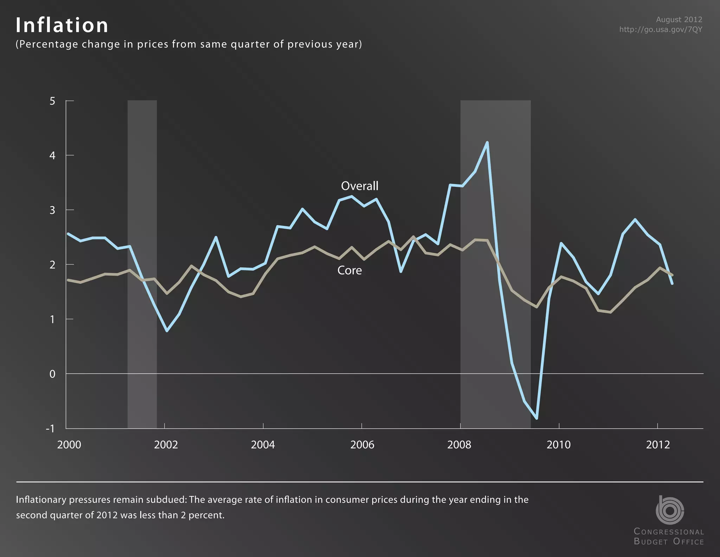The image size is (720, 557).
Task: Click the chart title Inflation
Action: tap(62, 25)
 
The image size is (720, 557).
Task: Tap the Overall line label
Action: tap(359, 186)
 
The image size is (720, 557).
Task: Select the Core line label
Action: tap(349, 270)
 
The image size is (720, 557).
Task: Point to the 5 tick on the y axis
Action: tap(52, 101)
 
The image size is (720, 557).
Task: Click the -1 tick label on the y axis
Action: tap(51, 428)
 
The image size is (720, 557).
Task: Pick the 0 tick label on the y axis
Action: tap(52, 374)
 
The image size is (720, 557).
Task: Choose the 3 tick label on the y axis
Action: tap(52, 210)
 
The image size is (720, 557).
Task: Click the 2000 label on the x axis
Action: tap(69, 445)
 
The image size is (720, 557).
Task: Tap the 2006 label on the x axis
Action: tap(362, 445)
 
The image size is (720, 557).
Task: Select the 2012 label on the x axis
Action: tap(658, 445)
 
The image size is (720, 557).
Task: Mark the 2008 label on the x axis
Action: tap(459, 445)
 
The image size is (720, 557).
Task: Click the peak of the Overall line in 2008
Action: tap(487, 143)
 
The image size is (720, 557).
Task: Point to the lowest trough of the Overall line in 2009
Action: tap(537, 418)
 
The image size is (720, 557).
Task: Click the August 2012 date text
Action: tap(679, 20)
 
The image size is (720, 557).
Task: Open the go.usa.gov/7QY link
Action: tap(661, 30)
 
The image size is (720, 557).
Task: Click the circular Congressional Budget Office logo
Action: tap(669, 510)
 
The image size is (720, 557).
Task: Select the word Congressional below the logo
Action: tap(669, 532)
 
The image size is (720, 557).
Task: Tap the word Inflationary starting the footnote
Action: tap(41, 500)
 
